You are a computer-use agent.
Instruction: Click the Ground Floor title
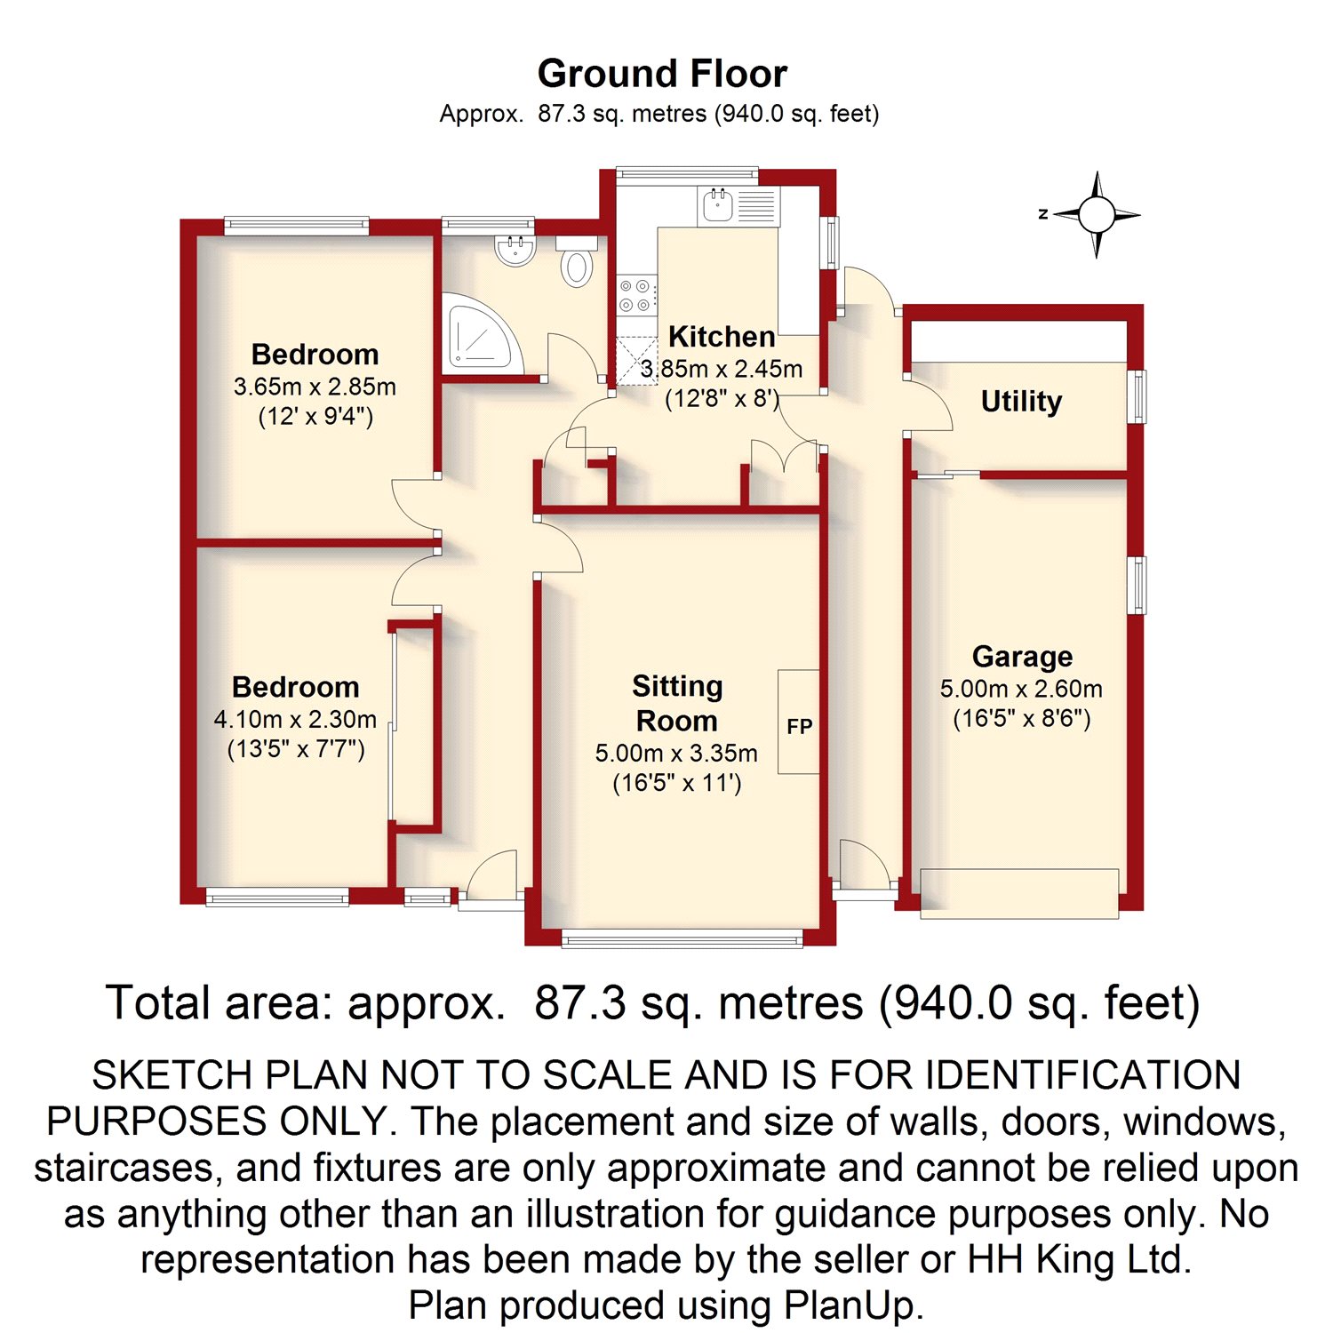click(x=662, y=74)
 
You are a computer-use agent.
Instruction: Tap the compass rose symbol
click(x=1097, y=214)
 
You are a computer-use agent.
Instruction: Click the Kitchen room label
click(x=722, y=337)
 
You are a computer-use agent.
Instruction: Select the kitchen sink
click(x=717, y=206)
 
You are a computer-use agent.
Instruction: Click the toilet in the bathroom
click(x=577, y=260)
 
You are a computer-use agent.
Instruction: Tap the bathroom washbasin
click(x=515, y=250)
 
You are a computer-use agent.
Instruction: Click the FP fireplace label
click(x=800, y=727)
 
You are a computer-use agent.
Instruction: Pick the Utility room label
click(x=1021, y=402)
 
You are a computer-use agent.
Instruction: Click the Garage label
click(x=1022, y=657)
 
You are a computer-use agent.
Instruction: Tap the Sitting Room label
click(x=677, y=703)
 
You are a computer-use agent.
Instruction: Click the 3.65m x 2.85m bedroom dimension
click(x=315, y=387)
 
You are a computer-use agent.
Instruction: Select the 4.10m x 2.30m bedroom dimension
click(x=295, y=719)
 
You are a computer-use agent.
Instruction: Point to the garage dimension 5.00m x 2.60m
click(x=1021, y=689)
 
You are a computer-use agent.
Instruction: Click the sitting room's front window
click(x=682, y=937)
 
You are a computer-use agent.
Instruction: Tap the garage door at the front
click(x=1019, y=893)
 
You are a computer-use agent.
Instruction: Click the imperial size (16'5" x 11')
click(x=677, y=784)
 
